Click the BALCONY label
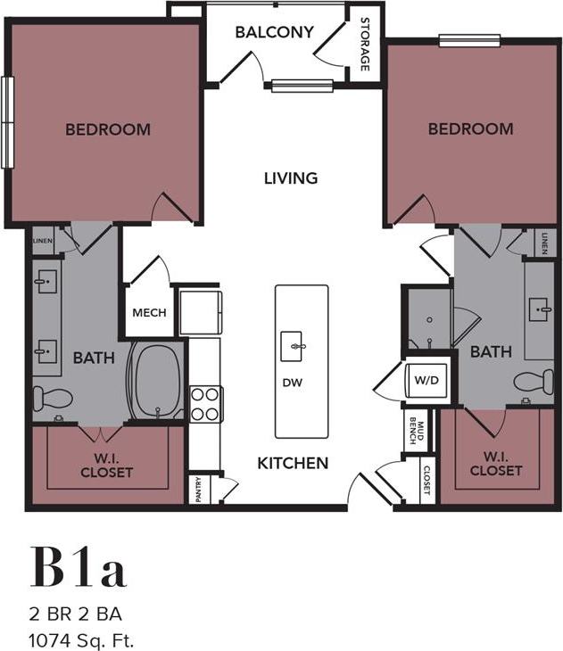[x=274, y=33]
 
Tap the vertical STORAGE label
[x=364, y=44]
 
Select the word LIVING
[x=291, y=177]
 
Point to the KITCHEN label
[x=293, y=463]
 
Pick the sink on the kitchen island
[x=292, y=345]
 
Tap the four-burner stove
[x=205, y=402]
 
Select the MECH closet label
[x=148, y=313]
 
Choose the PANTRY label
[x=198, y=490]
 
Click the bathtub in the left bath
[x=156, y=381]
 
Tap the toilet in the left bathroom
[x=52, y=398]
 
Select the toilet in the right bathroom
[x=533, y=382]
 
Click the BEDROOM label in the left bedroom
[x=108, y=129]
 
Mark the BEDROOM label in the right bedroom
[x=470, y=129]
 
